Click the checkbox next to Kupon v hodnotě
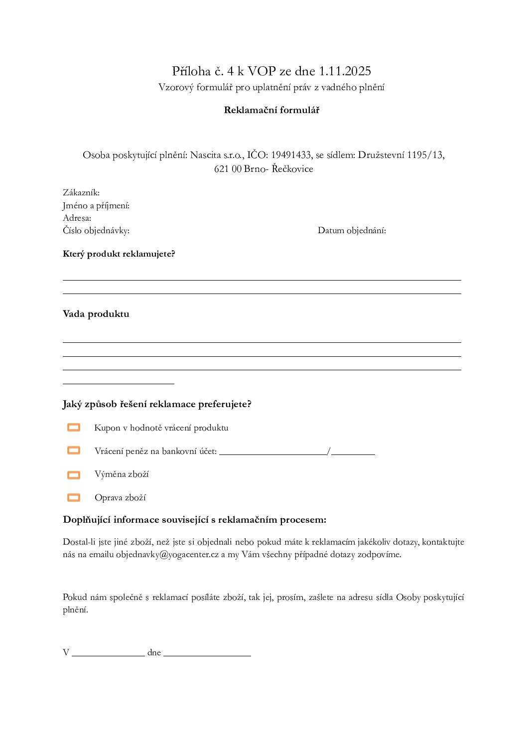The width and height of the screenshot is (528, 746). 74,428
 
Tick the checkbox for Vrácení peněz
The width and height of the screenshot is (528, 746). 74,450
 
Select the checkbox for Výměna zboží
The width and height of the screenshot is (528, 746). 74,475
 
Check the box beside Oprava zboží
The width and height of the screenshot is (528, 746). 74,497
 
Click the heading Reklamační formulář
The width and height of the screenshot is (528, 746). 271,110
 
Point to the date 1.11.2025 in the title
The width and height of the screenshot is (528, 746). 345,71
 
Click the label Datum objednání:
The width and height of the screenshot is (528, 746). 352,230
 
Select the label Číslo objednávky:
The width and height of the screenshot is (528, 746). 96,230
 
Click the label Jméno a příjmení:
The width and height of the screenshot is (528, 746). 96,205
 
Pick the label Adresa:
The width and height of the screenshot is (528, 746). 77,218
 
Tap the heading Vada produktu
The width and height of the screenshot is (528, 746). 96,314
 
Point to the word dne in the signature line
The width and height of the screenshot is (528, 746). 154,652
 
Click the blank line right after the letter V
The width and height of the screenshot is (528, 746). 108,654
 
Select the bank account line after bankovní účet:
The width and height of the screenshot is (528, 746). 273,452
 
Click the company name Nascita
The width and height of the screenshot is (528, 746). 205,155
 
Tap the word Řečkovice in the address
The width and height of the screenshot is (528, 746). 292,169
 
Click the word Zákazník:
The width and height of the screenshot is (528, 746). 81,193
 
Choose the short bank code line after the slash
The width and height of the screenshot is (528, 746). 353,452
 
